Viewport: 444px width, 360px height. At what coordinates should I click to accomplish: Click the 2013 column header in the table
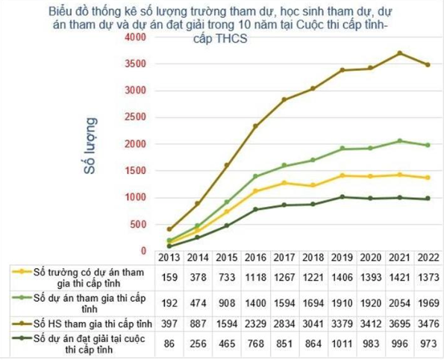pos(169,257)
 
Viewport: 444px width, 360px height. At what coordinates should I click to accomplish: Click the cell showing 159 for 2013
pos(169,277)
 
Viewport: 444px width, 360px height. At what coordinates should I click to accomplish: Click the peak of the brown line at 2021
pos(399,53)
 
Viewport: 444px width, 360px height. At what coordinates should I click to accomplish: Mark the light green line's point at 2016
pos(255,176)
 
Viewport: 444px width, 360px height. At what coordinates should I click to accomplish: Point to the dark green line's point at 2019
pos(341,196)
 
